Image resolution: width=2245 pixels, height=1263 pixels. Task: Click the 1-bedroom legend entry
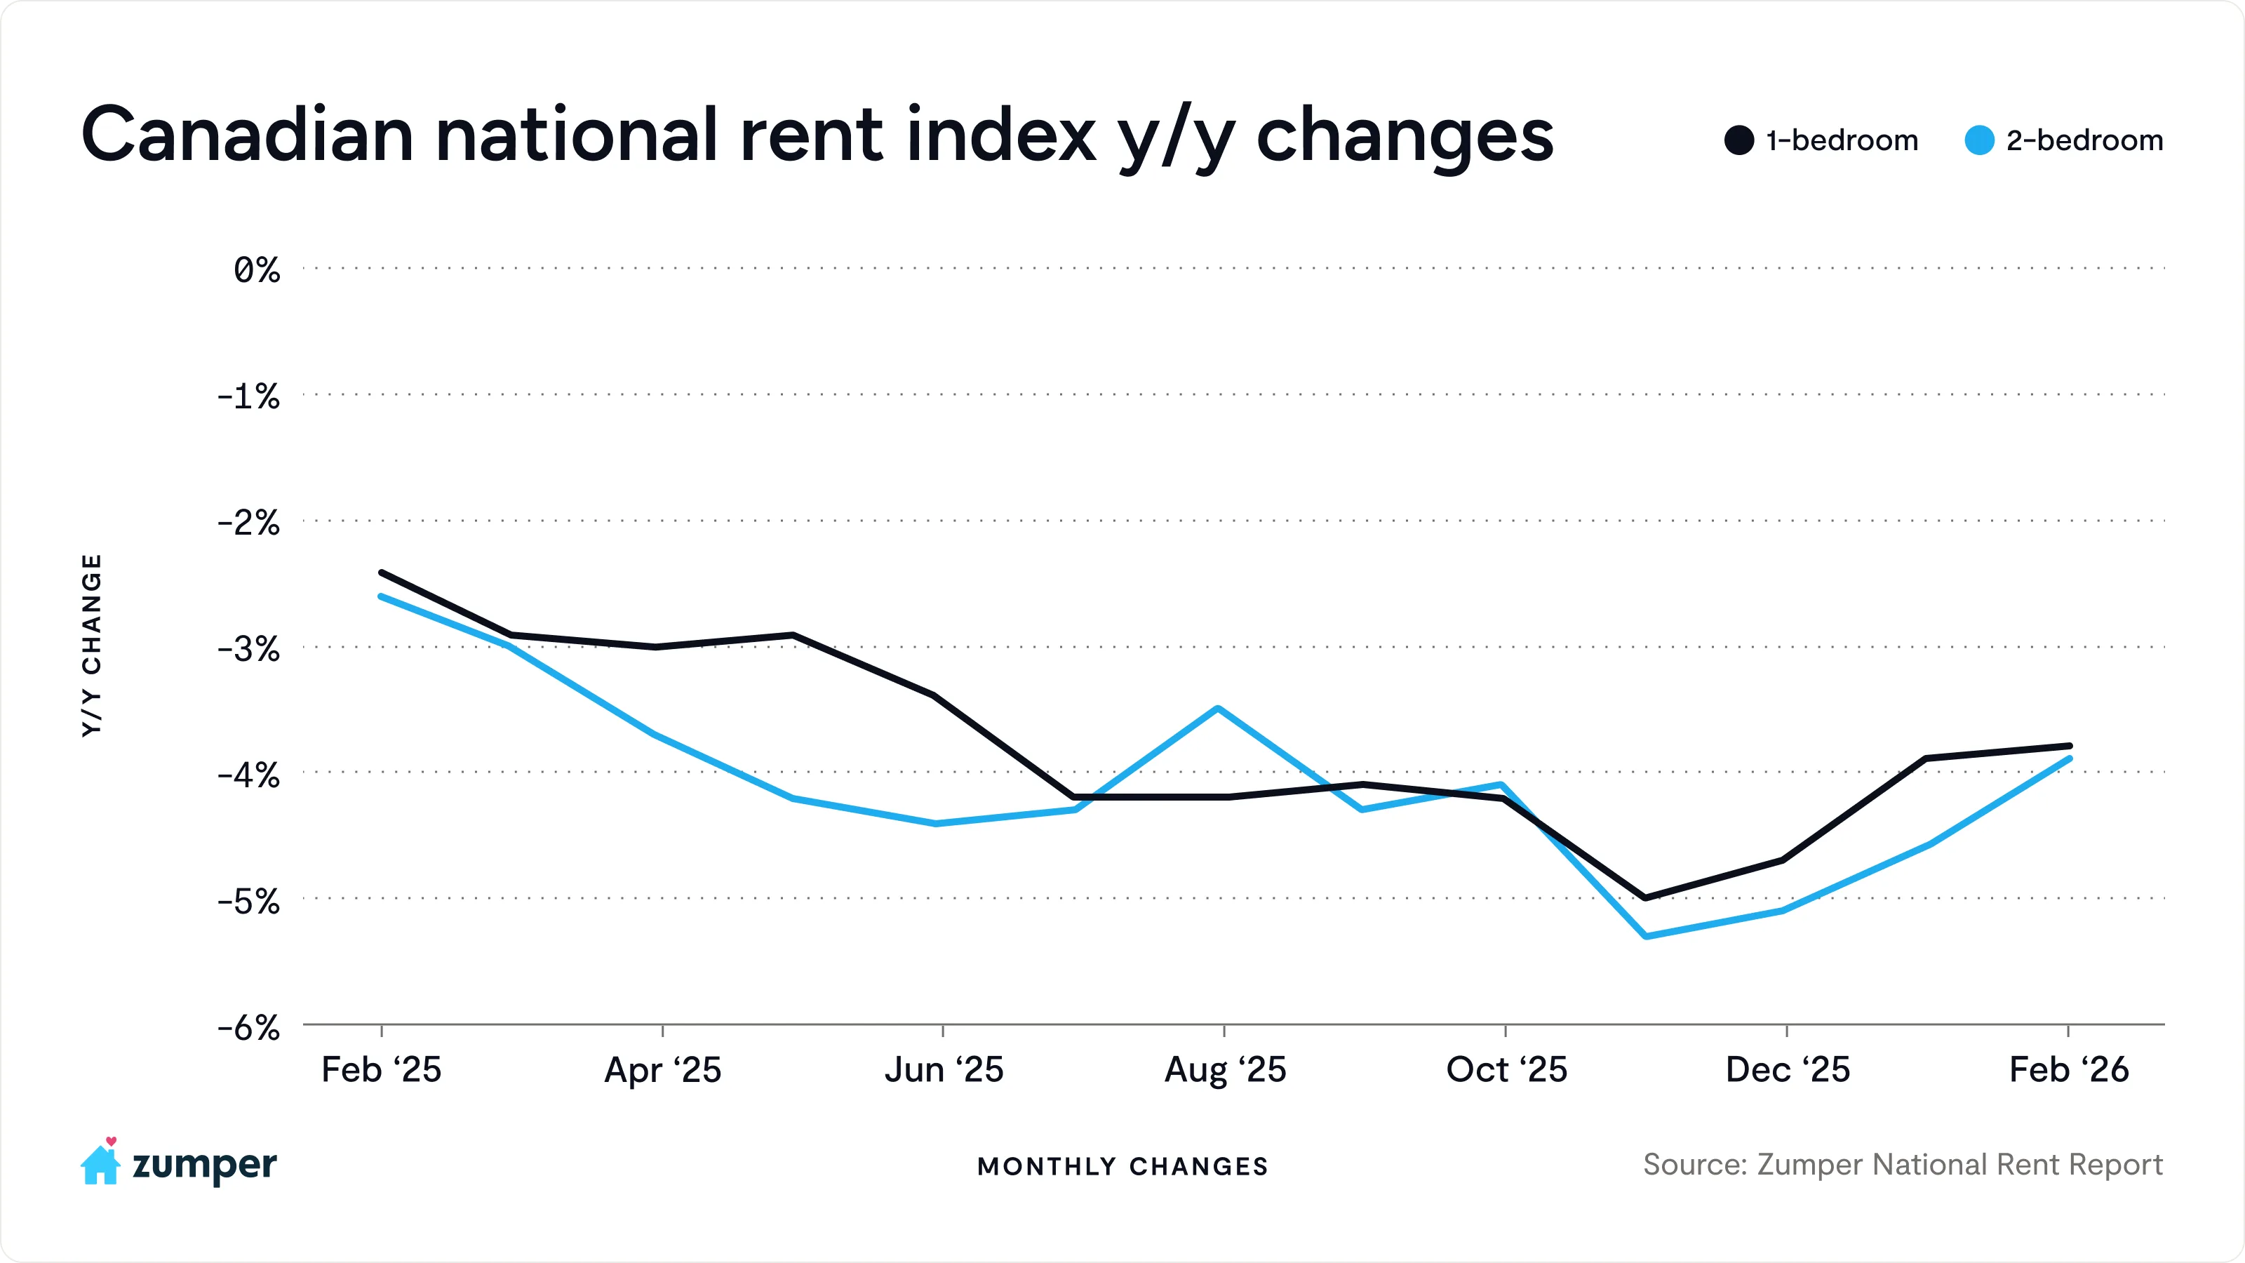coord(1821,140)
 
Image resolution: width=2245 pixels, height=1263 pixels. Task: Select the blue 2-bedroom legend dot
coord(1979,140)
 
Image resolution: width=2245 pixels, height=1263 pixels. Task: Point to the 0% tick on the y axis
coord(256,270)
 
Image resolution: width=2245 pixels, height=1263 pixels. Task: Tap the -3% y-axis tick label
coord(248,649)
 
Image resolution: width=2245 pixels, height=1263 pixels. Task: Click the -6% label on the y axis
coord(248,1029)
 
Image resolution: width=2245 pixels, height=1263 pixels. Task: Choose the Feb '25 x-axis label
coord(382,1069)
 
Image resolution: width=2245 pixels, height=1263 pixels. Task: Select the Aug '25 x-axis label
coord(1226,1069)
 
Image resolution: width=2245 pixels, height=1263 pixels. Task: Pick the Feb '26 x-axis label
coord(2069,1069)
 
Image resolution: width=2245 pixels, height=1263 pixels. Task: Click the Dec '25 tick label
coord(1788,1069)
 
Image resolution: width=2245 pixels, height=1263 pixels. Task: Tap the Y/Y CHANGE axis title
coord(91,645)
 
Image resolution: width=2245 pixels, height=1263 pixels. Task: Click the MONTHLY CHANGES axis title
coord(1122,1166)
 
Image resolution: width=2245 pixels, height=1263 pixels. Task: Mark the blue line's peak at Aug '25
coord(1219,709)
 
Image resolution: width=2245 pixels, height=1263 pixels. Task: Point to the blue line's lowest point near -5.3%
coord(1645,936)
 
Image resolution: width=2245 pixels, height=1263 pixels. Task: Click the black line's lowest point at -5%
coord(1644,897)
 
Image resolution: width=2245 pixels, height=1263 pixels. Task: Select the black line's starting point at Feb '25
coord(382,573)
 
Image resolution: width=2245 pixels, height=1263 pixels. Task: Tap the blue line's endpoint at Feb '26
coord(2070,759)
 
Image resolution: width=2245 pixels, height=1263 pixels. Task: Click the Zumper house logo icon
coord(100,1163)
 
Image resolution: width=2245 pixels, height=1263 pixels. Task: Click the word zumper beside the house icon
coord(204,1165)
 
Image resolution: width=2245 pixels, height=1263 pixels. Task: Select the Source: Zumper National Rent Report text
coord(1903,1165)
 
